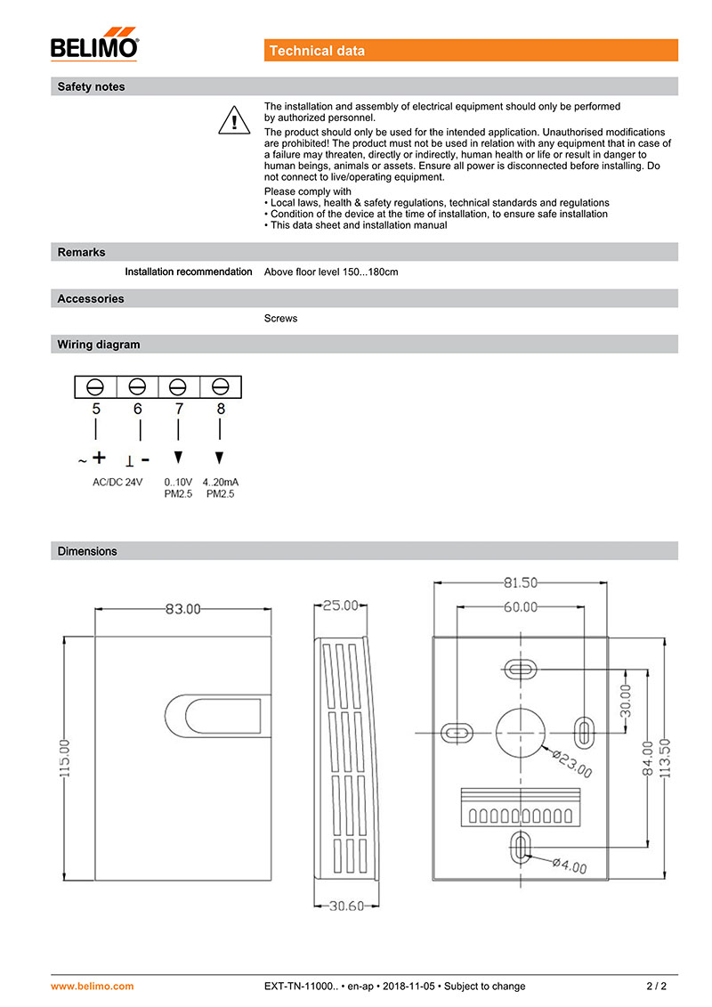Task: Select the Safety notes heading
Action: (x=91, y=87)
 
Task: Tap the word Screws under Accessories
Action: (x=281, y=318)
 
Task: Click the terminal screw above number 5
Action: (x=96, y=386)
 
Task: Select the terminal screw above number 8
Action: (x=222, y=386)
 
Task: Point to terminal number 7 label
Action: (x=179, y=409)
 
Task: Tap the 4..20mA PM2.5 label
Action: (x=221, y=487)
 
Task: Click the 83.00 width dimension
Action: (x=183, y=610)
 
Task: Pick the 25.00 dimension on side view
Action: (x=340, y=605)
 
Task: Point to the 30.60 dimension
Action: (x=347, y=906)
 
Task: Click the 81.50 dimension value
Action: (x=521, y=583)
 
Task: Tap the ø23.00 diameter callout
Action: (x=570, y=763)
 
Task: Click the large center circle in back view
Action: (x=520, y=732)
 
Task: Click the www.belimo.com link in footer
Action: (x=93, y=986)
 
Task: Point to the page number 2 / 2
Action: (x=656, y=986)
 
